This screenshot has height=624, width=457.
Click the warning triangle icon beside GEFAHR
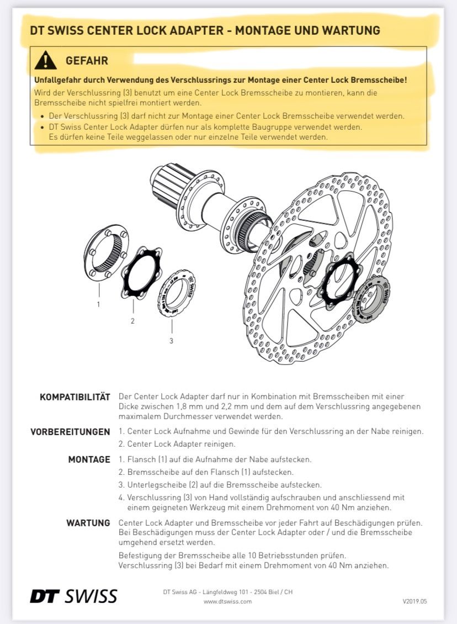click(45, 60)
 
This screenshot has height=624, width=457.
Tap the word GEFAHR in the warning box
click(87, 60)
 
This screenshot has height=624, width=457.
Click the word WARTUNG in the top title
click(348, 30)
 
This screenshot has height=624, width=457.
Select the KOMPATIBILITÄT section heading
click(75, 397)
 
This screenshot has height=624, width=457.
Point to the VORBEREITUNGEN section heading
click(70, 432)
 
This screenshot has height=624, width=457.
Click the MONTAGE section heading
click(89, 459)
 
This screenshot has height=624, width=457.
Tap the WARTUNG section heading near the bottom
click(88, 522)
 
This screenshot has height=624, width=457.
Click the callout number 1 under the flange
click(98, 304)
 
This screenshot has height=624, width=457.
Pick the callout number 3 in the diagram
click(171, 341)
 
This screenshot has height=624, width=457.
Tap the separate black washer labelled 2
click(140, 273)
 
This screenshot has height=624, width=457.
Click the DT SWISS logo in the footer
click(73, 596)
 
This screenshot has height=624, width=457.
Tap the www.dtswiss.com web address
click(227, 601)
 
